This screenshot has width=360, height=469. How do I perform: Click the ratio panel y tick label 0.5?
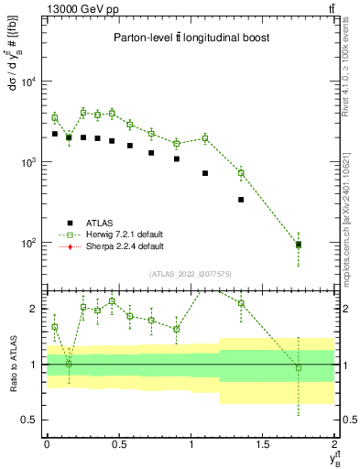click(33, 420)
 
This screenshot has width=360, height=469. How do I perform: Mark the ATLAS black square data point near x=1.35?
click(241, 199)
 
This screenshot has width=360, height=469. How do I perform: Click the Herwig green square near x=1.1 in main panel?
click(205, 138)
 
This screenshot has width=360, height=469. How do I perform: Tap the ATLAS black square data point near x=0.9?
click(176, 158)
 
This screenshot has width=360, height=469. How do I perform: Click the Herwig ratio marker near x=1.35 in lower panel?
click(241, 304)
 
